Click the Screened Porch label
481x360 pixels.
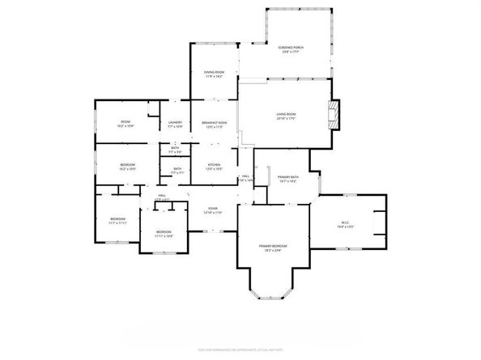[291, 49]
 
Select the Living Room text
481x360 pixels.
[286, 116]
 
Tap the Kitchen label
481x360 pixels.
[214, 166]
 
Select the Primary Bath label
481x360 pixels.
[288, 179]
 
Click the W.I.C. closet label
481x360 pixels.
[346, 226]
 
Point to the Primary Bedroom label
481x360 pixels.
[274, 248]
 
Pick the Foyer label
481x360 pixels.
[213, 210]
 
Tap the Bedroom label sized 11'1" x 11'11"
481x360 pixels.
[118, 221]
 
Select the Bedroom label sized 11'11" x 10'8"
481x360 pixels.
[164, 234]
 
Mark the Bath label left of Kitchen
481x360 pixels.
[177, 170]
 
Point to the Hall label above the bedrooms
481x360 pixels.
[162, 197]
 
